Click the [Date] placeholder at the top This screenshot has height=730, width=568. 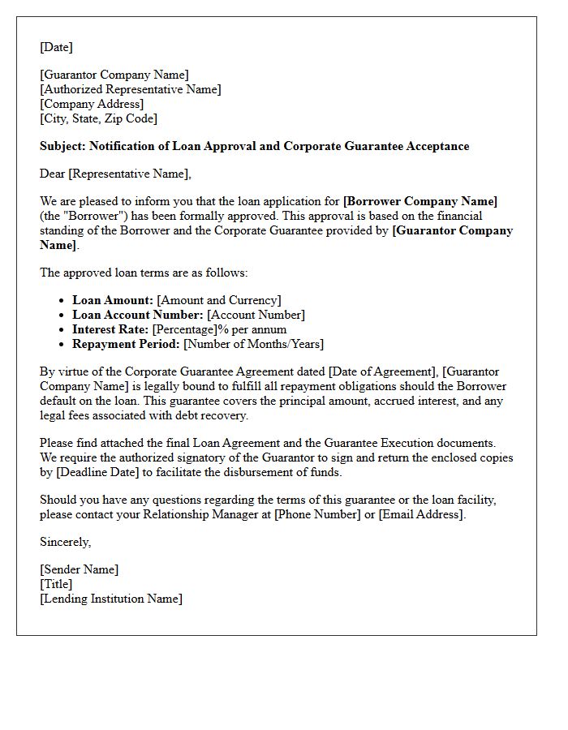click(x=56, y=47)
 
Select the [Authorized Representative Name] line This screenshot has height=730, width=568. click(x=130, y=89)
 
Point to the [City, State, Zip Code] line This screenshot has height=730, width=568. click(x=98, y=118)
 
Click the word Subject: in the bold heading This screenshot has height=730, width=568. click(x=62, y=146)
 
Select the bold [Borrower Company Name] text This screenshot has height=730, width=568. click(x=420, y=201)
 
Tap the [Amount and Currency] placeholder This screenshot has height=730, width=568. click(x=219, y=300)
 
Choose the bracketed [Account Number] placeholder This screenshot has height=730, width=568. click(x=256, y=315)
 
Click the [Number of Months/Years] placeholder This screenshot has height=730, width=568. click(x=253, y=344)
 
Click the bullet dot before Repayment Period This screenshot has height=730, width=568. click(x=62, y=345)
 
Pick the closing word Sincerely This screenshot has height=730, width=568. click(x=65, y=542)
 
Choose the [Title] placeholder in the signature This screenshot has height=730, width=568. click(x=56, y=584)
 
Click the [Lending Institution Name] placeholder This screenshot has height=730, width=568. click(x=111, y=599)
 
